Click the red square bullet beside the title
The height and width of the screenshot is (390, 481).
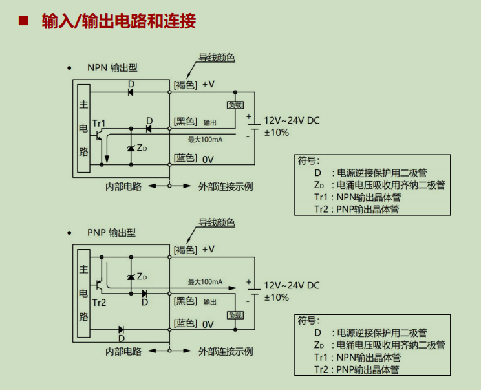coord(23,21)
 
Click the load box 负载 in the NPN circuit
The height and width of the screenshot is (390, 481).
coord(235,105)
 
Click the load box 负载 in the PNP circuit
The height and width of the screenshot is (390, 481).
coord(235,315)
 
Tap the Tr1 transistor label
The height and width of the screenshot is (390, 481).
coord(99,124)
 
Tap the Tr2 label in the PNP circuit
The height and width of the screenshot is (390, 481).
coord(99,303)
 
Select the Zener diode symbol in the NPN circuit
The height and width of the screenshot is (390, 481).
coord(131,149)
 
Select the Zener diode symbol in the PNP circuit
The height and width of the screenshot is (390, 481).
coord(131,277)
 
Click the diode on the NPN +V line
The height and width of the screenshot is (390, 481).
coord(131,92)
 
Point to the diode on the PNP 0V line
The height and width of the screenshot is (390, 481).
coord(121,330)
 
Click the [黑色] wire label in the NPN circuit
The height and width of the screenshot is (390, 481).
coord(186,122)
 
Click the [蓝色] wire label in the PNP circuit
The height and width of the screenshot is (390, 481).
coord(186,323)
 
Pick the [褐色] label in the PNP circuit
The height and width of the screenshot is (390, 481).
coord(186,250)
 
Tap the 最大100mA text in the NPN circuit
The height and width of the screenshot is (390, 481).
coord(205,140)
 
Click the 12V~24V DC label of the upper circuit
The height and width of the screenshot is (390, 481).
coord(292,120)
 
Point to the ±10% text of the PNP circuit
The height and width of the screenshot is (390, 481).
coord(277,298)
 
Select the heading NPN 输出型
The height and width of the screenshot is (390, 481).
coord(112,68)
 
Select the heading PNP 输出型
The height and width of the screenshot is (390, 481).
coord(111,233)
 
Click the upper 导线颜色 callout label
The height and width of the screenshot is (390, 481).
coord(217,58)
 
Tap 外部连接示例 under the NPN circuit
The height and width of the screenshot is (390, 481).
coord(226,186)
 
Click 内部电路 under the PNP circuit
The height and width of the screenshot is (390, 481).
coord(123,351)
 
